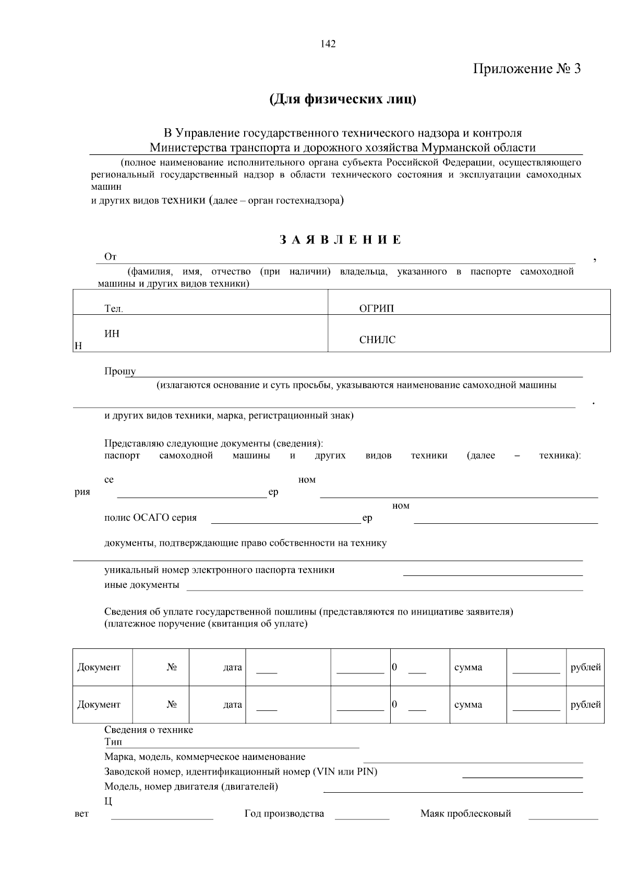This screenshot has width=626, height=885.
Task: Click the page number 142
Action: pos(328,44)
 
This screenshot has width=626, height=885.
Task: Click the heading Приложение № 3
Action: pos(526,69)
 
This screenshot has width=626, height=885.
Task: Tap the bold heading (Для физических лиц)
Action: pos(343,99)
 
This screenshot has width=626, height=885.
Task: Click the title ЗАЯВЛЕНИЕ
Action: pos(341,240)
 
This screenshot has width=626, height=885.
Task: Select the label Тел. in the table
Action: pos(114,309)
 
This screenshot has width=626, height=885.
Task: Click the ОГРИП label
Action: pos(377,309)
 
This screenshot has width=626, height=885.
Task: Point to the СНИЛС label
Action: pos(377,340)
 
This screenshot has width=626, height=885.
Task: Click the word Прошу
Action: pos(120,371)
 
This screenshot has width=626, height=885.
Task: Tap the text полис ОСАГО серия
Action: pos(151,518)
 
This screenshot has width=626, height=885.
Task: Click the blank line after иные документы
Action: pos(384,589)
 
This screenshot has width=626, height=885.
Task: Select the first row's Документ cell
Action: pos(99,667)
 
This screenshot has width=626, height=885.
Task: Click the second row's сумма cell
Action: pos(468,705)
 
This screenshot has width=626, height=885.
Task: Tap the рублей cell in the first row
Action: pos(585,667)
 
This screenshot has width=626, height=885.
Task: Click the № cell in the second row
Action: pos(172,705)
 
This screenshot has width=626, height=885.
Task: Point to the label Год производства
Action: pos(284,814)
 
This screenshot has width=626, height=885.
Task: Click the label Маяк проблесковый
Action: pos(466,814)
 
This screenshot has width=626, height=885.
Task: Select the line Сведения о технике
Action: pos(149,730)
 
